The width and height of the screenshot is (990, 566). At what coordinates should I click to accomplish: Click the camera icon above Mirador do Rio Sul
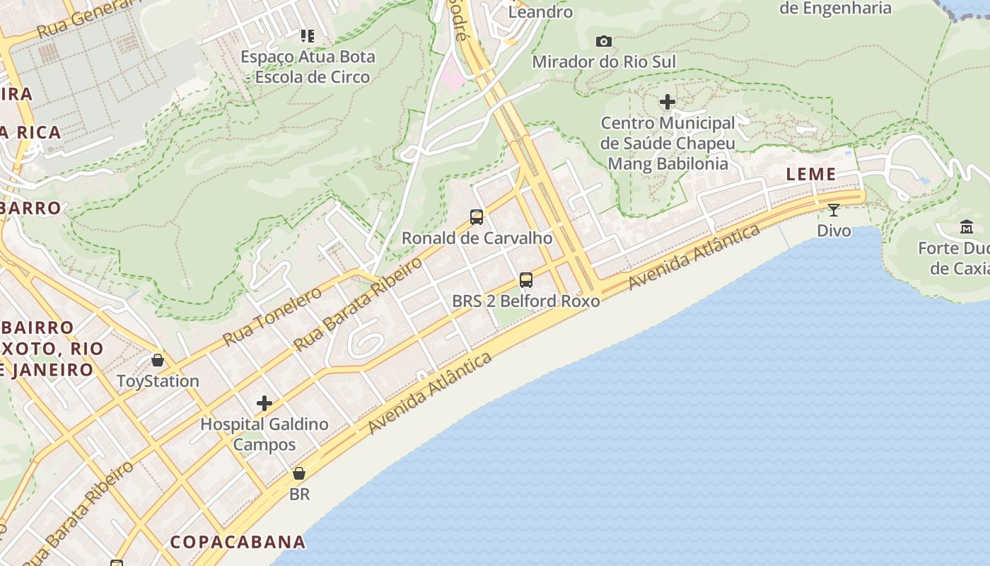603,41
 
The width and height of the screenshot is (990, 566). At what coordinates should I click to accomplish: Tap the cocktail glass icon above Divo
834,210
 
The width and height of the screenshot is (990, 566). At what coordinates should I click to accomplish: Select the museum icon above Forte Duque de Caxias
967,227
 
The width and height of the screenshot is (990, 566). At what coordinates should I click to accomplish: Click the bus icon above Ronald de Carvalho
477,217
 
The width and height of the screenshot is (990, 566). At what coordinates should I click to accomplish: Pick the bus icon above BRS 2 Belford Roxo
525,280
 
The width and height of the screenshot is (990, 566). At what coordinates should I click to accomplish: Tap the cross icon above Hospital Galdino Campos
264,403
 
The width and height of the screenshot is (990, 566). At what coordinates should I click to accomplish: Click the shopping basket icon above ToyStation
158,360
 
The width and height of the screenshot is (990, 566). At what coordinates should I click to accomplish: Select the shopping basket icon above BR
299,473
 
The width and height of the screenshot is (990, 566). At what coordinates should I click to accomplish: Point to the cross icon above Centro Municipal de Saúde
667,103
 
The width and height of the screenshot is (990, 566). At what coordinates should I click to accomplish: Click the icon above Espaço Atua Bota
307,35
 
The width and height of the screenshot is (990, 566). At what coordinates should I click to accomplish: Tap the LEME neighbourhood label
811,174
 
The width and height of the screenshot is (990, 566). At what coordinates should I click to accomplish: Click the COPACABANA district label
238,542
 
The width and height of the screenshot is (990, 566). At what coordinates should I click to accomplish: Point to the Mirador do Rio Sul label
604,62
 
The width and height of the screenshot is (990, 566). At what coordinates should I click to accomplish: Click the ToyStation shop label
158,381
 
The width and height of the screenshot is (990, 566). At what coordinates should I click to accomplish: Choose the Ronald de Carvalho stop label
477,238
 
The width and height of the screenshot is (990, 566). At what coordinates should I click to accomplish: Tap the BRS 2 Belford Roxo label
525,301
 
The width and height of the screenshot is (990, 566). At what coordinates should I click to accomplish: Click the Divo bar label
834,231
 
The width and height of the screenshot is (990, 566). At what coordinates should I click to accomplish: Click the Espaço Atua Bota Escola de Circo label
308,67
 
